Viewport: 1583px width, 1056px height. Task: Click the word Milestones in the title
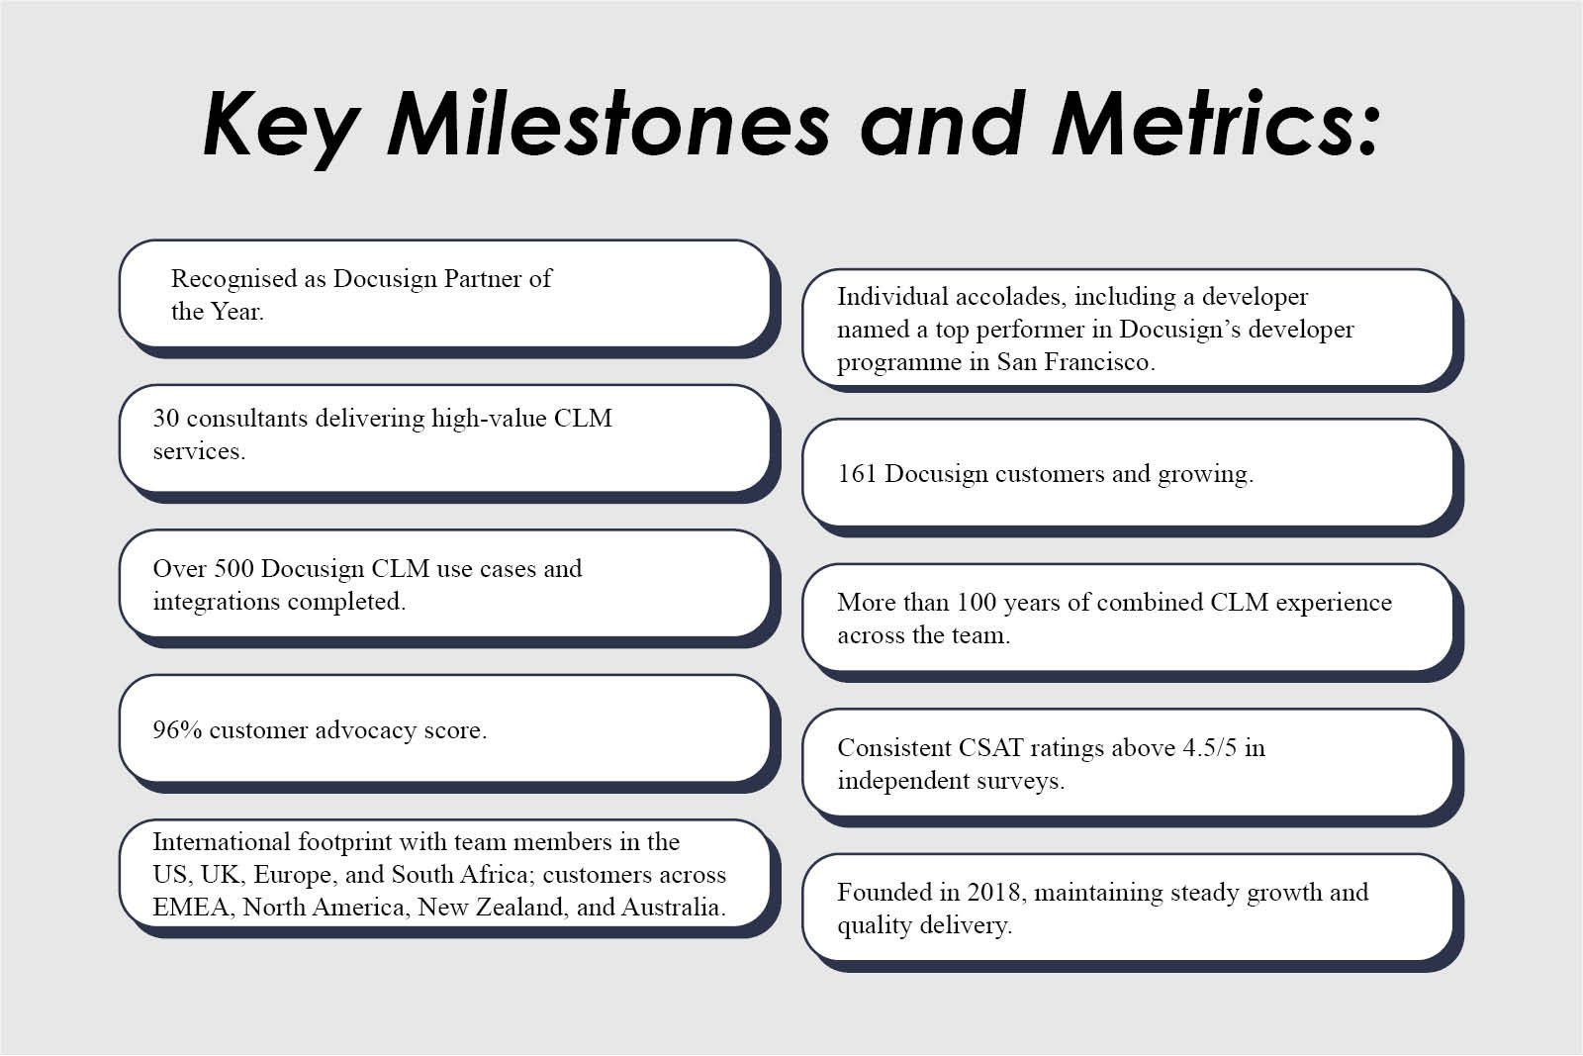tap(607, 125)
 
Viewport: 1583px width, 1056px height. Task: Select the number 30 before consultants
tap(166, 419)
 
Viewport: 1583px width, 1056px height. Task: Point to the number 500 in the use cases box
tap(233, 569)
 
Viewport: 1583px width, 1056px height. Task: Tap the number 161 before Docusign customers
tap(857, 474)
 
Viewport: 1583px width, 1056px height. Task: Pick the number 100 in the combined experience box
tap(977, 602)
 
